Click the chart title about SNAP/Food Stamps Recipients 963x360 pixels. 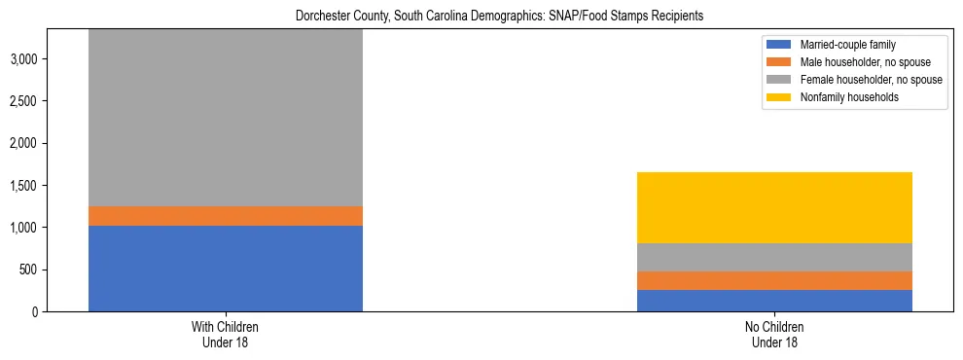tap(498, 16)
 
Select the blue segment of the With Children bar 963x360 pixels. tap(225, 269)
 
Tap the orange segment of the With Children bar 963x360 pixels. tap(225, 216)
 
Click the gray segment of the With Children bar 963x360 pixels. tap(225, 118)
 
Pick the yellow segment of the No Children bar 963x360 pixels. tap(774, 207)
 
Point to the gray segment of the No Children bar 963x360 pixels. tap(774, 257)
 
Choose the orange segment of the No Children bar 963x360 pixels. tap(774, 280)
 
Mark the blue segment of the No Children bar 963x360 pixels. tap(774, 301)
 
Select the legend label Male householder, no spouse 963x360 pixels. tap(858, 62)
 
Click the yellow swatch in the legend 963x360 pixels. tap(779, 97)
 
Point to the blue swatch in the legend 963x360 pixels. tap(779, 45)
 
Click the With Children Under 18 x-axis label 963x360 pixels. tap(225, 335)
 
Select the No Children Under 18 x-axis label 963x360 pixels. tap(774, 335)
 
